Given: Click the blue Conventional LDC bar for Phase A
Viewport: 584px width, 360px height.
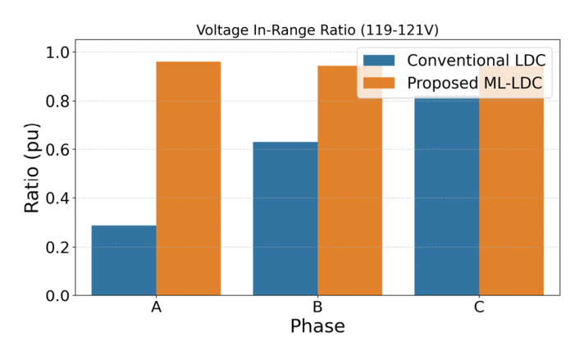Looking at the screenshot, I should tap(124, 260).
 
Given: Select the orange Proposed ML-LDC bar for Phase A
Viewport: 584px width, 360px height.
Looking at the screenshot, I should tap(188, 178).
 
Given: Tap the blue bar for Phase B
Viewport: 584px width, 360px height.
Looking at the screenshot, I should tap(285, 218).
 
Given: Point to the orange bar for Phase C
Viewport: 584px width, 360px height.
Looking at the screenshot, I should tap(510, 197).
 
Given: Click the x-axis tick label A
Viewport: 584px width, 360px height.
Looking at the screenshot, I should tap(156, 308).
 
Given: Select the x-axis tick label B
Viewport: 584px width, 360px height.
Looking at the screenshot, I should tap(317, 308).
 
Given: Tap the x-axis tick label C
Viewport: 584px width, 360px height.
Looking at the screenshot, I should tap(478, 308).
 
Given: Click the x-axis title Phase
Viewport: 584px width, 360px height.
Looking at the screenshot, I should tap(317, 326).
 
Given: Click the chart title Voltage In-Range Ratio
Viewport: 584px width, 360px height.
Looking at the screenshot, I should tap(317, 30).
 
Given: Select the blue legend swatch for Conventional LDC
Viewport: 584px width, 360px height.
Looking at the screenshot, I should tap(380, 62).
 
